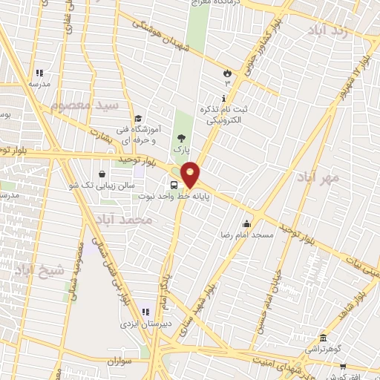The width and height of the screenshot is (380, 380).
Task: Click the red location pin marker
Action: [x=191, y=174]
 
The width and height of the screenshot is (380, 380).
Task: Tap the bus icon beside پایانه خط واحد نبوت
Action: [x=174, y=185]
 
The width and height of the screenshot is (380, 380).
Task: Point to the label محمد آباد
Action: [x=124, y=220]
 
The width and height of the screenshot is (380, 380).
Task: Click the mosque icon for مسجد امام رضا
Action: [x=246, y=223]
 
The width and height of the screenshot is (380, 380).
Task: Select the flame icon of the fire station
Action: [x=227, y=73]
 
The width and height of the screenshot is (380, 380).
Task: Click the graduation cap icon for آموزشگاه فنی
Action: [x=137, y=118]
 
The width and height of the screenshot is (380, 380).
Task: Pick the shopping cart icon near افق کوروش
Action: [x=342, y=366]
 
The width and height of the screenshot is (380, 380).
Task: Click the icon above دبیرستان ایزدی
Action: [x=146, y=312]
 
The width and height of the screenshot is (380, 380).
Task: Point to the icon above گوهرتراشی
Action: [x=323, y=336]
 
